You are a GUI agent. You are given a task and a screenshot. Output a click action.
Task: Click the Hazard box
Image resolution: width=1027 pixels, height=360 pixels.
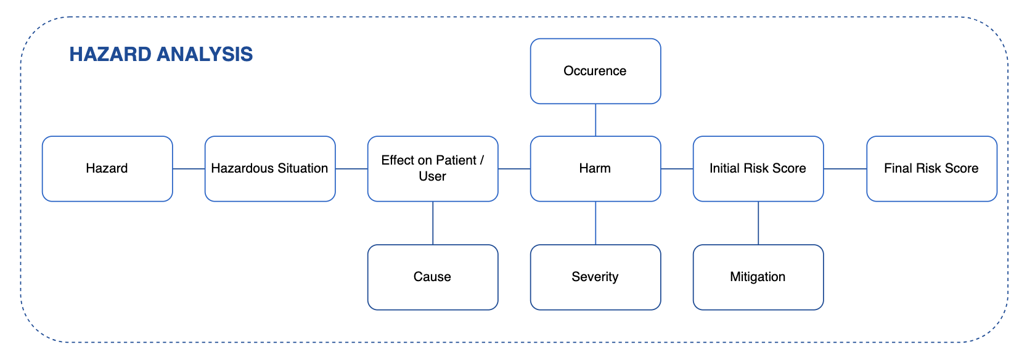[107, 168]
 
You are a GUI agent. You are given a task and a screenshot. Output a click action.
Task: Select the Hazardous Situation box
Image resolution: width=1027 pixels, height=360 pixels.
[270, 168]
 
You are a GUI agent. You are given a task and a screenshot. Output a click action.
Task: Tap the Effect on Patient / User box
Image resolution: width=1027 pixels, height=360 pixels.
[433, 168]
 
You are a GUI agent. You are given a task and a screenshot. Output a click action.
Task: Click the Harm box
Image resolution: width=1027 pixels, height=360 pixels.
[595, 168]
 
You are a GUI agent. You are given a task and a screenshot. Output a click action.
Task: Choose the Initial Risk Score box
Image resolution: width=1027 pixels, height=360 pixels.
[758, 168]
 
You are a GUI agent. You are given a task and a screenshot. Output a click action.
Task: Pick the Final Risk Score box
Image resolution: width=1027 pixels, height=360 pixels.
[931, 168]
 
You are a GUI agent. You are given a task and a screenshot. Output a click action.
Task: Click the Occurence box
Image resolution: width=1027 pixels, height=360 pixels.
[595, 71]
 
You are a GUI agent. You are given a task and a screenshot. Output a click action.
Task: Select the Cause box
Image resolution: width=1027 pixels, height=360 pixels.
[433, 277]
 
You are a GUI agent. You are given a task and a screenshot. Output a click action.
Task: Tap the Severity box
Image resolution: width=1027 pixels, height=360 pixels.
[595, 277]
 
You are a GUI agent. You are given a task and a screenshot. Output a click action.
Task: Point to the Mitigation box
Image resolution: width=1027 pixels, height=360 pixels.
[758, 277]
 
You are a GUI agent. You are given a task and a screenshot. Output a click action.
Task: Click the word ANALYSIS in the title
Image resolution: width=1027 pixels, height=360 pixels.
[205, 54]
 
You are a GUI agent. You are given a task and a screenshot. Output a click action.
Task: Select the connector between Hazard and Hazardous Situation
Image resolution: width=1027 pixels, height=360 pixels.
[189, 168]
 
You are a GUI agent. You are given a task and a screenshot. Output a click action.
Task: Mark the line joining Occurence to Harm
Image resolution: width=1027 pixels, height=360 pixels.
[595, 120]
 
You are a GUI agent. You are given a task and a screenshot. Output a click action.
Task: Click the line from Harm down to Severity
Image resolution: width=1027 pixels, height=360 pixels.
[595, 223]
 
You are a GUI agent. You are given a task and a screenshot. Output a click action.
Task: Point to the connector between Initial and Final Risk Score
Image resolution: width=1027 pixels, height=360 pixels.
[845, 168]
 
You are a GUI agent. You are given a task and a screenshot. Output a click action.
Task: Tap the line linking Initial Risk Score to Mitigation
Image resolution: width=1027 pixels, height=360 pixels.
[758, 223]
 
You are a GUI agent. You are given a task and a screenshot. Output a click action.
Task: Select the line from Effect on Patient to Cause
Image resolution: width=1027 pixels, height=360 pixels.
[433, 223]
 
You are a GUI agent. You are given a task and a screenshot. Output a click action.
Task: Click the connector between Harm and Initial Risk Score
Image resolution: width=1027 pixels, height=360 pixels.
[677, 168]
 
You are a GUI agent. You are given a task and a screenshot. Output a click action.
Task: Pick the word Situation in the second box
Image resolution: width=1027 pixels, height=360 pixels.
[303, 168]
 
